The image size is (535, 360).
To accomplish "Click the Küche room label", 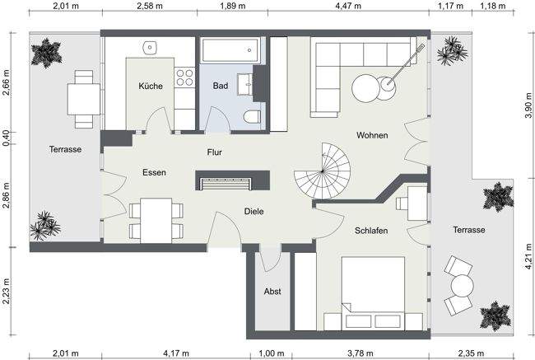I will tap(150, 86).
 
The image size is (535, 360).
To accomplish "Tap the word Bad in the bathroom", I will tap(220, 86).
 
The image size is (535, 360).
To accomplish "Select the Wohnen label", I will tap(372, 135).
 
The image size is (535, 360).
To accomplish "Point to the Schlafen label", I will tap(371, 231).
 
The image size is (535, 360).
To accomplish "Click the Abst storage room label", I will tap(272, 292).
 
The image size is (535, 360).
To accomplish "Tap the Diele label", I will tap(254, 212).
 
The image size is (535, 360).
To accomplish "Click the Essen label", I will tap(154, 172).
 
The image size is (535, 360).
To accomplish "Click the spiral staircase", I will tap(325, 171).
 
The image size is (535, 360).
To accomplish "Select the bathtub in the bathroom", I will tap(227, 51).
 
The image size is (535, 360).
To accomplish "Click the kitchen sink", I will tap(151, 47).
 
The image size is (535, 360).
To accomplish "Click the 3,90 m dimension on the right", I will tap(528, 105).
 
